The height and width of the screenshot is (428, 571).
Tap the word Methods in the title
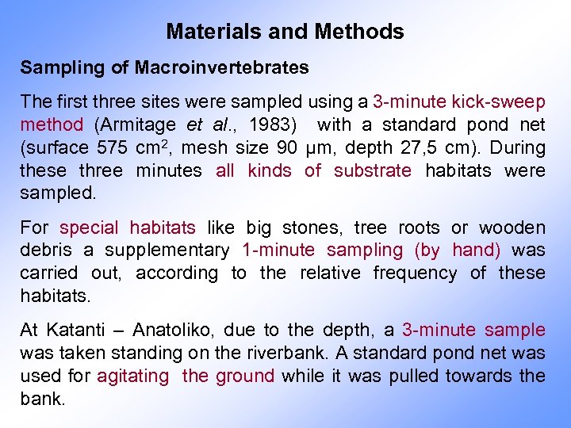(x=359, y=32)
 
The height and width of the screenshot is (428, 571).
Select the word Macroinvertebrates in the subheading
(x=222, y=67)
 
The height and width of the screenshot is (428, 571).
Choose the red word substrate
(x=373, y=170)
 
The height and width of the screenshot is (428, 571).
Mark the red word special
(x=89, y=227)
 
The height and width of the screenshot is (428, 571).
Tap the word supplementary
(x=166, y=250)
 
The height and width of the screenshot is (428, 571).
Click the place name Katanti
(x=75, y=330)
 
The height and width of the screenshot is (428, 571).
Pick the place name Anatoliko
(x=167, y=330)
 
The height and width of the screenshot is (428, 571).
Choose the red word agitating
(x=133, y=376)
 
